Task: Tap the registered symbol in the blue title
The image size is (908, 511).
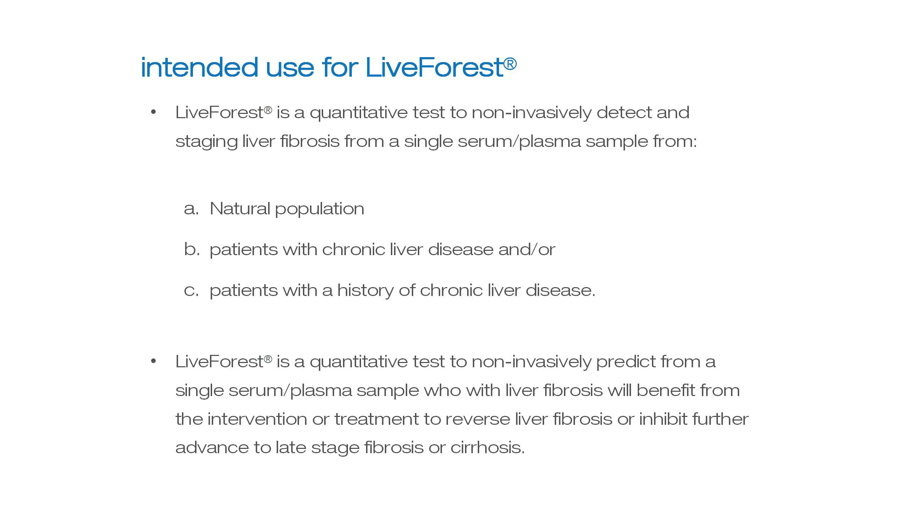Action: click(510, 64)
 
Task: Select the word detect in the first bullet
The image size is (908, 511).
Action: click(624, 113)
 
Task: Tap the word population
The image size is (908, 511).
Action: click(320, 209)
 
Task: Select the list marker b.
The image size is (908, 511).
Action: click(192, 249)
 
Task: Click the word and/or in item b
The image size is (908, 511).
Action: click(527, 249)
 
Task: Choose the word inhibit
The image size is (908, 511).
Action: click(663, 419)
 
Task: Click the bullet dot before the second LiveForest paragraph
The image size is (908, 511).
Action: click(153, 362)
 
